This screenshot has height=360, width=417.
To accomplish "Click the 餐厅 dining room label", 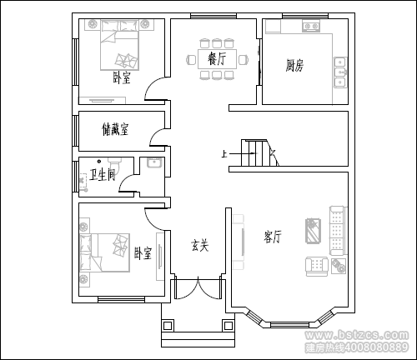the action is click(217, 58).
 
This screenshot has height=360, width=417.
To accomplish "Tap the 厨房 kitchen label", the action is click(294, 65).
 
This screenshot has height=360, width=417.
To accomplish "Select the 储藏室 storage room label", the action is click(115, 129).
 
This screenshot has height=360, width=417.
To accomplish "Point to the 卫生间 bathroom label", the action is click(103, 175).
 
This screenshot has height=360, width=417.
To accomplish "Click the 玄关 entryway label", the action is click(199, 246).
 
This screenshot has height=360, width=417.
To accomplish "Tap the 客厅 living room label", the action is click(273, 237).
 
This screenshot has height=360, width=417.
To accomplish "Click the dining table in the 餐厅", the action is click(217, 59).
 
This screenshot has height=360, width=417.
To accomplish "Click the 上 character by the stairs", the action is click(224, 153).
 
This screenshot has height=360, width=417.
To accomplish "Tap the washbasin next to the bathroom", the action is click(154, 162).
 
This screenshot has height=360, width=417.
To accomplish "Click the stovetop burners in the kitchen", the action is click(311, 27).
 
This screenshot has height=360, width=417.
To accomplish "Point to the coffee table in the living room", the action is click(314, 231).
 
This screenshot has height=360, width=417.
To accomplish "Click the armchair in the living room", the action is click(317, 267).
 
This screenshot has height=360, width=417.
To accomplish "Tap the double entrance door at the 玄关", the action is click(198, 289).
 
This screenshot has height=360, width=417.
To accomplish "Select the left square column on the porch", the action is click(168, 325).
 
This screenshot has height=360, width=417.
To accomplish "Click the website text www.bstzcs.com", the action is click(357, 335).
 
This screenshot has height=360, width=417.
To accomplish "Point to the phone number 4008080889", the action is click(376, 347).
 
